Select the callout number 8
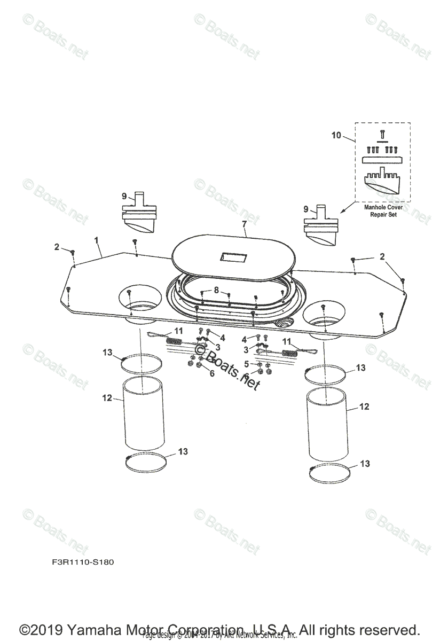[216, 290]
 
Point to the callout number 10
[336, 135]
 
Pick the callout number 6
[211, 373]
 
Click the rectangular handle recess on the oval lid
[234, 259]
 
